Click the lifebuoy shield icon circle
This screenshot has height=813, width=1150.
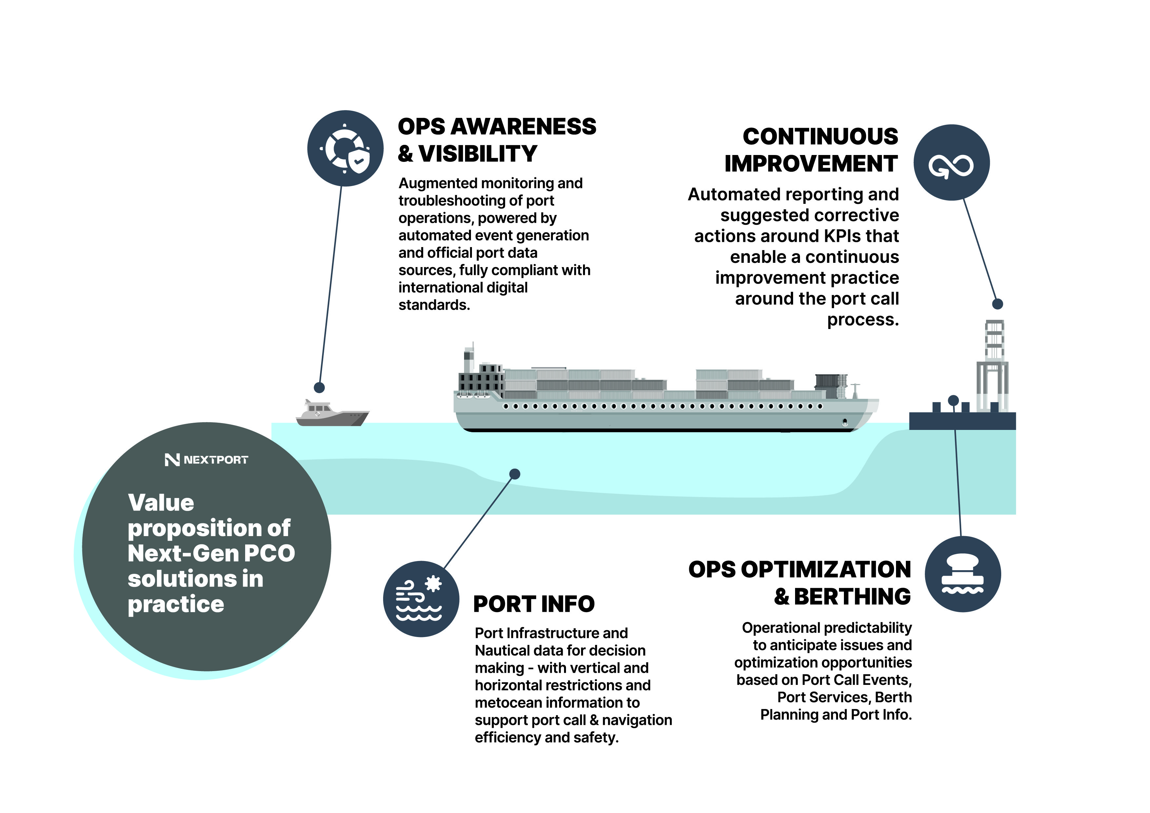tap(345, 148)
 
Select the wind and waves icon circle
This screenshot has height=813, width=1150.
tap(421, 599)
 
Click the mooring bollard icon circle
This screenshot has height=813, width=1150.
tap(963, 574)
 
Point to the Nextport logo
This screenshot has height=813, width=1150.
tap(206, 460)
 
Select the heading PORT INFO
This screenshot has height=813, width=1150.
tap(534, 604)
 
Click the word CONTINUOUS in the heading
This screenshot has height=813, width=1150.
tap(820, 136)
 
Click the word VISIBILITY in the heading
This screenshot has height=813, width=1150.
tap(478, 154)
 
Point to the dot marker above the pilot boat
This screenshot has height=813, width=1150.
tap(319, 387)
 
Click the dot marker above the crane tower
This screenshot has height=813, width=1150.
tap(998, 303)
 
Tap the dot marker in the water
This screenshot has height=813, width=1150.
tap(515, 474)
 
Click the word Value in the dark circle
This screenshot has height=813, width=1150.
tap(161, 503)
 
